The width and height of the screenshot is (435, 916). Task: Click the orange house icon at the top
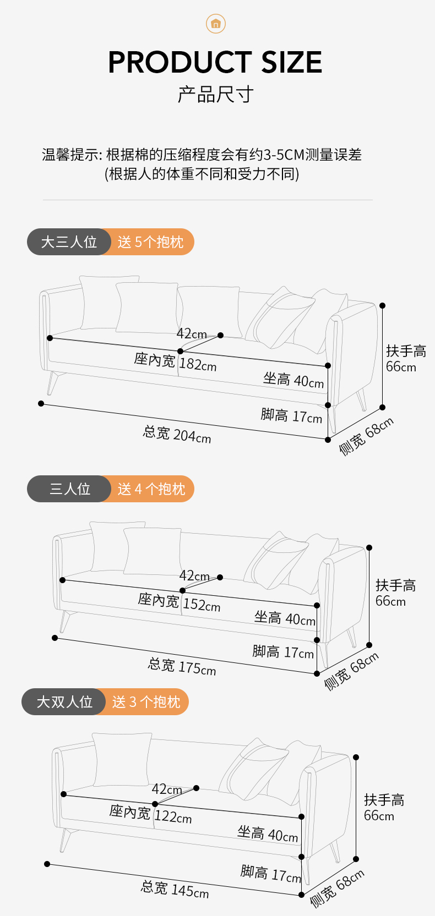(216, 24)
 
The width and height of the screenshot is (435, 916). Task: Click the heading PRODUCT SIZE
(215, 62)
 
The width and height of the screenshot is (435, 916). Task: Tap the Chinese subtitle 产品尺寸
(215, 95)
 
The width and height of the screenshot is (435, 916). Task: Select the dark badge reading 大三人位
(69, 242)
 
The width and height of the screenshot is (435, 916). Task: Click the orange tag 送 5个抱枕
(151, 242)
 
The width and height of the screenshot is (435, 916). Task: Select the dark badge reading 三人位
(69, 489)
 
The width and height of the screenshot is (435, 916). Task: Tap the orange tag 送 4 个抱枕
(151, 489)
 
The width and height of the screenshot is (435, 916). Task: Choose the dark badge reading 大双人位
(64, 702)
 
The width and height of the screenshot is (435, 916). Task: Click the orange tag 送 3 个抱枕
(146, 702)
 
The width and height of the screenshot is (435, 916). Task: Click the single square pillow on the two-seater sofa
(122, 759)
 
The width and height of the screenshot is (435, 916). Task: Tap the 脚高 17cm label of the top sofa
(291, 416)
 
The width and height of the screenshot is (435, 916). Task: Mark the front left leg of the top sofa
(53, 382)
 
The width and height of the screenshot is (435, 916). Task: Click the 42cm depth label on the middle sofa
(194, 576)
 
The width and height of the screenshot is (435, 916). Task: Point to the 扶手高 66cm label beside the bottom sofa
(384, 808)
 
